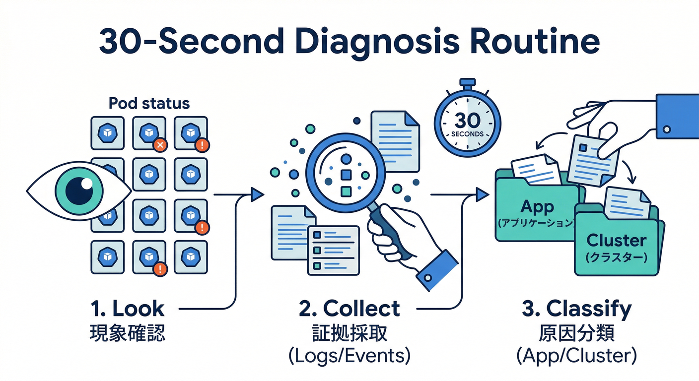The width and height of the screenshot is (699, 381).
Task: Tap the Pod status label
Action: [149, 103]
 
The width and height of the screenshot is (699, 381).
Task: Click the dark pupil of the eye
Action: [79, 190]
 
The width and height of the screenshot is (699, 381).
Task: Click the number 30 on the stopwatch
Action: [467, 121]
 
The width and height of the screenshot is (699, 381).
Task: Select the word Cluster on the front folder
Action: [616, 241]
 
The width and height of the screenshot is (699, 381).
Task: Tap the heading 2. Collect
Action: [349, 309]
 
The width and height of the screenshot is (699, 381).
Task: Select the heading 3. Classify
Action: [577, 309]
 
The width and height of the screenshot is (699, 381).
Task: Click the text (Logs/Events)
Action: [349, 356]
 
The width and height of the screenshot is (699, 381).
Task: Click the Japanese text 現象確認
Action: [128, 333]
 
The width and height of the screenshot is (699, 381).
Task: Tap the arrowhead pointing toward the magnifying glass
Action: [257, 194]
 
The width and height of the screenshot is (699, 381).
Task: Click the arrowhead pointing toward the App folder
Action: [482, 194]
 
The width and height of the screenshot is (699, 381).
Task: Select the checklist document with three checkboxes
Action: [333, 250]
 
